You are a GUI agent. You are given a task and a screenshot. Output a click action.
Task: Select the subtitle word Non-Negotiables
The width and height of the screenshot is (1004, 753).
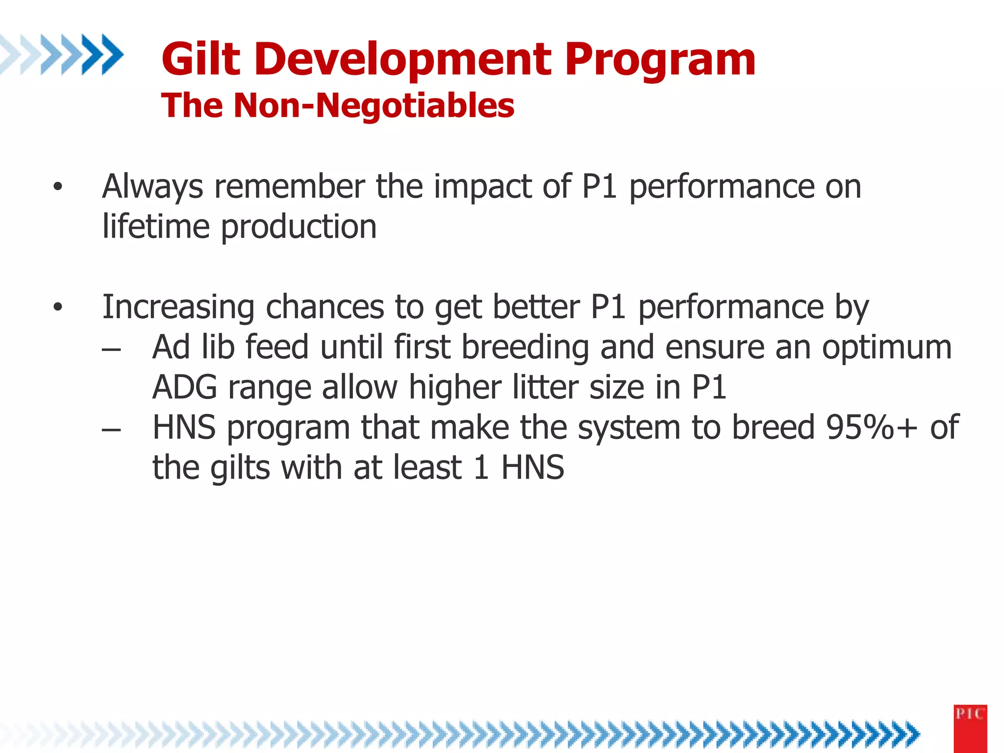pos(374,105)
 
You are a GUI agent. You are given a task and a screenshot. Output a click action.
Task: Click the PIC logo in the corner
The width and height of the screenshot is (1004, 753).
pos(970,728)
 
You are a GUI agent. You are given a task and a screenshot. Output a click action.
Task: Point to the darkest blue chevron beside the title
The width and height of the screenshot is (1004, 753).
pos(112,54)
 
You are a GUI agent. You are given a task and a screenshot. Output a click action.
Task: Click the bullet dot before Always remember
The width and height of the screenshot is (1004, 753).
pos(58,187)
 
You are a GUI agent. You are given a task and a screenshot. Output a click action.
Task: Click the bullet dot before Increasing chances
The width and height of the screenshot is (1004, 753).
pos(58,307)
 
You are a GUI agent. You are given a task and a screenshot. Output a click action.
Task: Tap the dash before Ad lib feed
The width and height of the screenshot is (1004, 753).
pos(112,350)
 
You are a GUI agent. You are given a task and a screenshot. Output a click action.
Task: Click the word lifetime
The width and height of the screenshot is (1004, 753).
pos(156,226)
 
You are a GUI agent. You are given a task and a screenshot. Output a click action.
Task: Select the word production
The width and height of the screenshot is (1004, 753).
pos(299,227)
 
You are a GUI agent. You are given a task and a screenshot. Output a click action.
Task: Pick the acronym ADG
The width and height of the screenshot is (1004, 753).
pos(184,387)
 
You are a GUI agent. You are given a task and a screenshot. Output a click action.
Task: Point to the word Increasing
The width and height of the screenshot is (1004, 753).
pos(178,308)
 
